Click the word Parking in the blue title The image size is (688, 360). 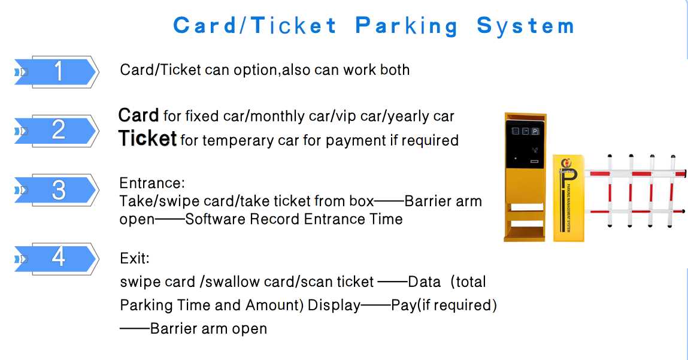click(407, 26)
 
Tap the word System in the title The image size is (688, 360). click(525, 26)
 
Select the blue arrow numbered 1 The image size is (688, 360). click(55, 72)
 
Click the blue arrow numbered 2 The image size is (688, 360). click(55, 131)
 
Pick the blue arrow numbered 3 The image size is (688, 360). click(55, 190)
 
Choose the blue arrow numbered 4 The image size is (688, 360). click(55, 259)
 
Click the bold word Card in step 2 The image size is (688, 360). click(138, 116)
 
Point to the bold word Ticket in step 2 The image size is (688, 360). click(147, 138)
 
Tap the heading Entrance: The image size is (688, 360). click(152, 183)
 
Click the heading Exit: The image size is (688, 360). click(135, 258)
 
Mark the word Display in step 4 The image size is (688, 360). click(334, 305)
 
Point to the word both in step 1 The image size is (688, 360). click(395, 70)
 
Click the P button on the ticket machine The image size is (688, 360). click(535, 131)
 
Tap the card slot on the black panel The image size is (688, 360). click(535, 162)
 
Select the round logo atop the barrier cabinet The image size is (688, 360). click(566, 164)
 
